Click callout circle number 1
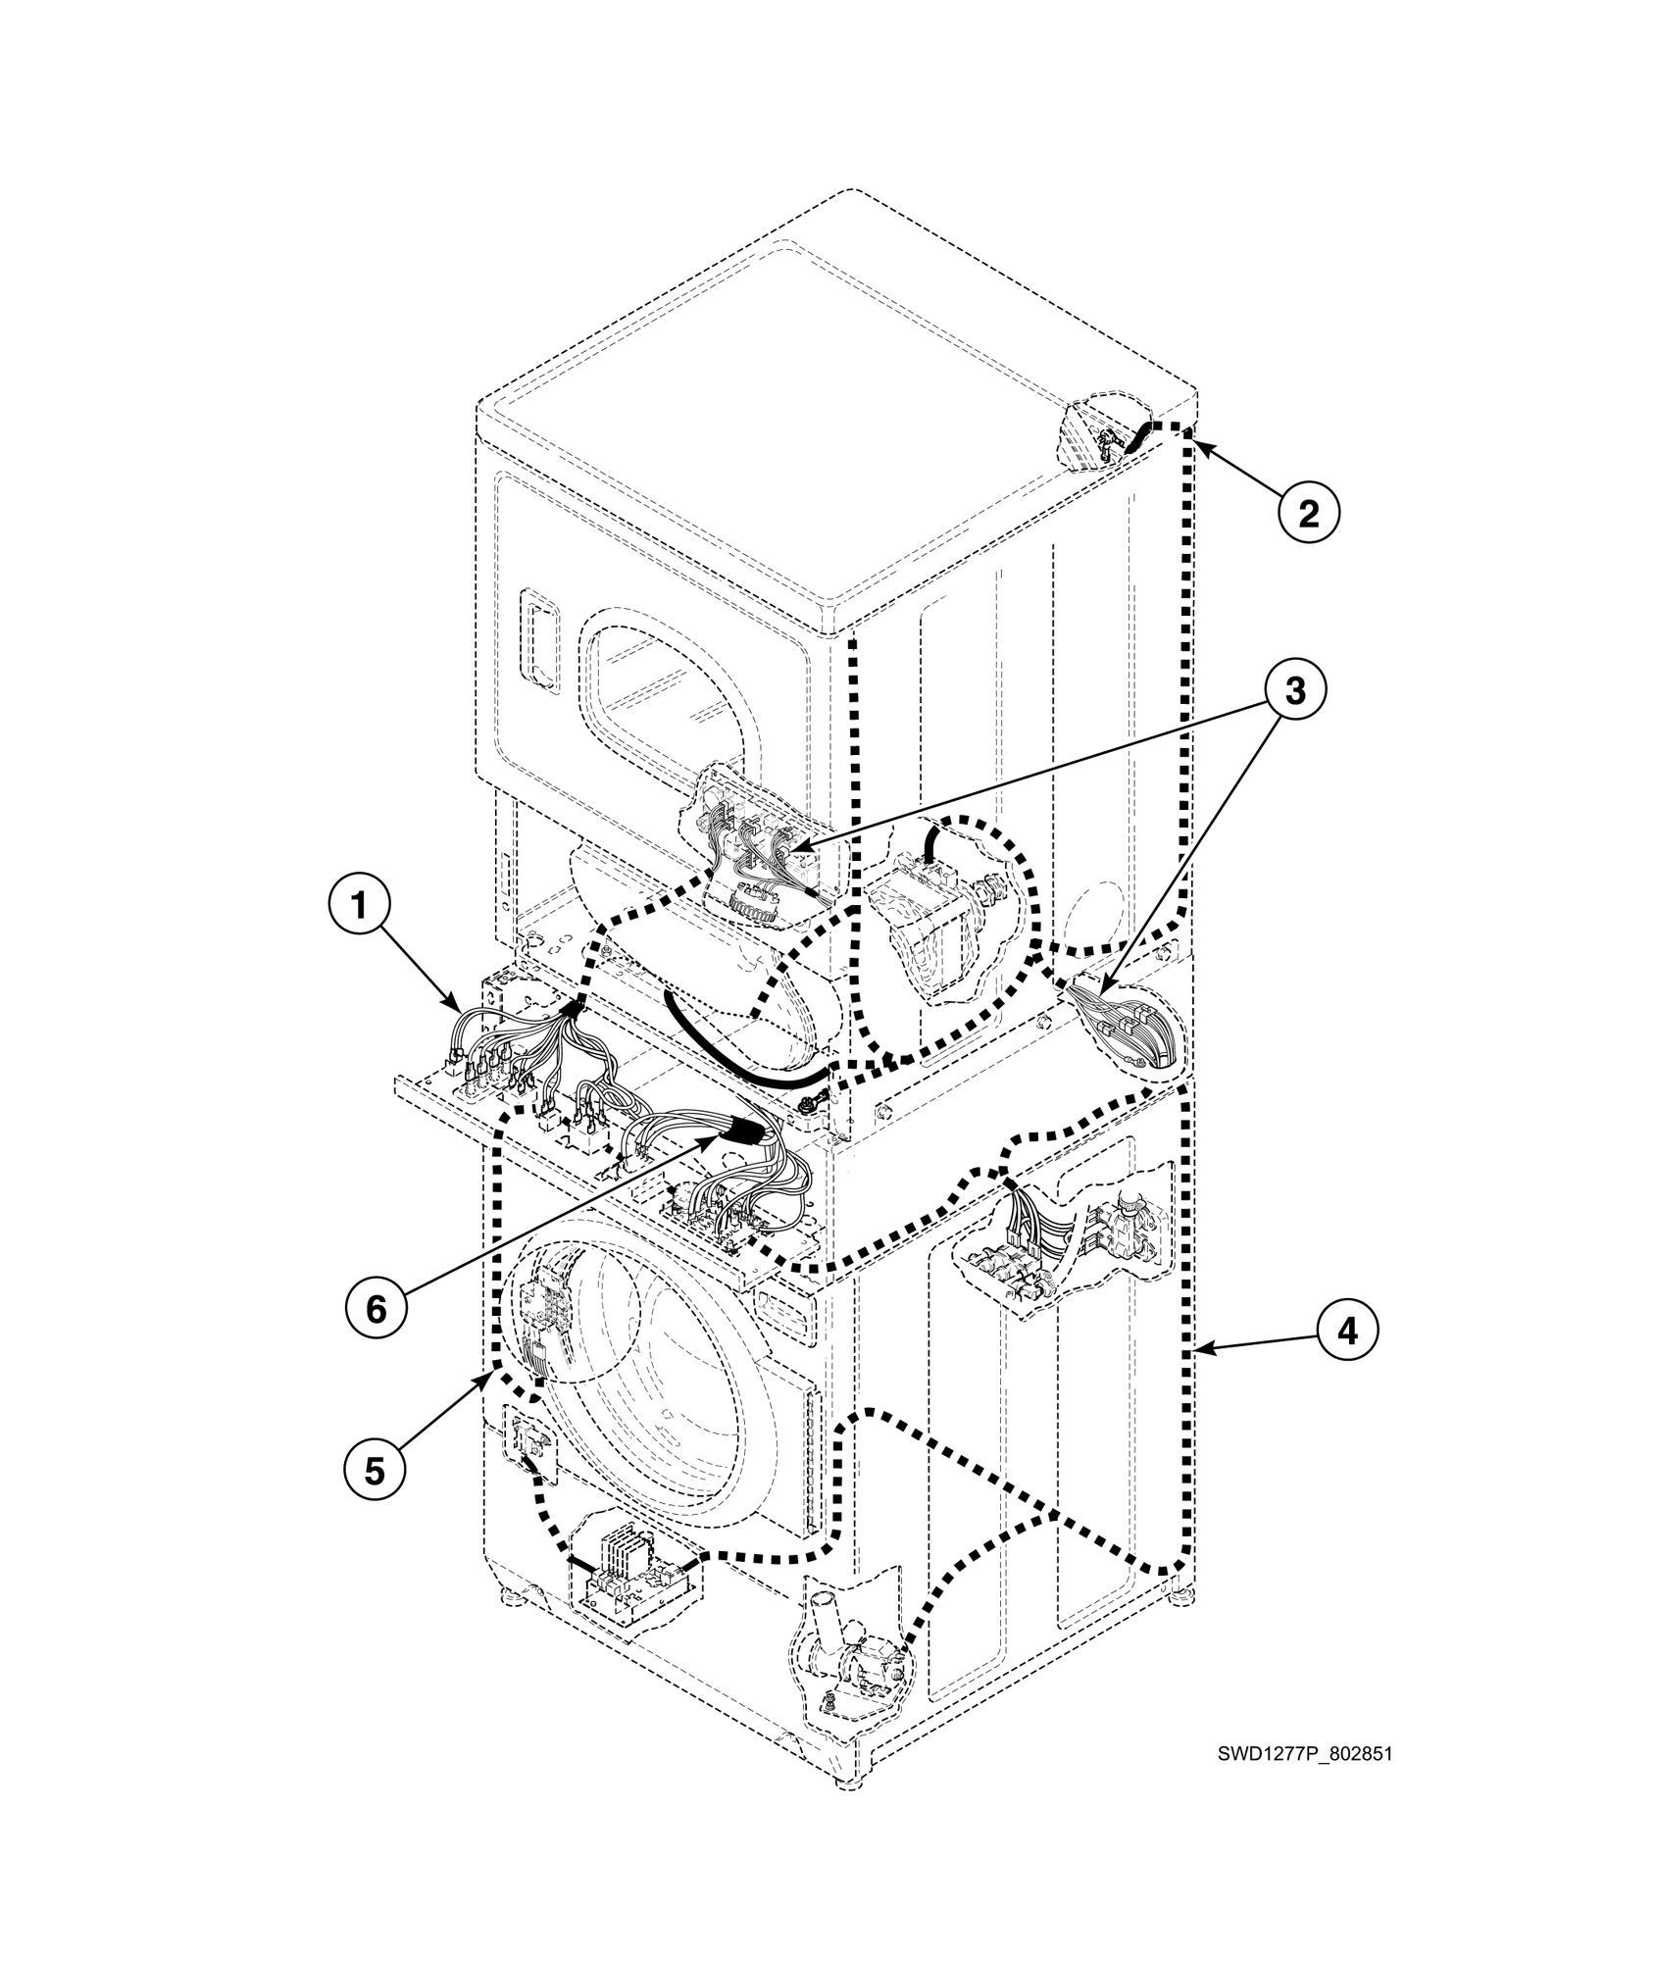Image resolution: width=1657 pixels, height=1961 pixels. click(x=360, y=907)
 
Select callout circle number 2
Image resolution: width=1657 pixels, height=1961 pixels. click(x=1308, y=513)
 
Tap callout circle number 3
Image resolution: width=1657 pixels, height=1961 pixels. click(x=1294, y=690)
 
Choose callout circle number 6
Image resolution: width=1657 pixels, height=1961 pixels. click(x=376, y=1309)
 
